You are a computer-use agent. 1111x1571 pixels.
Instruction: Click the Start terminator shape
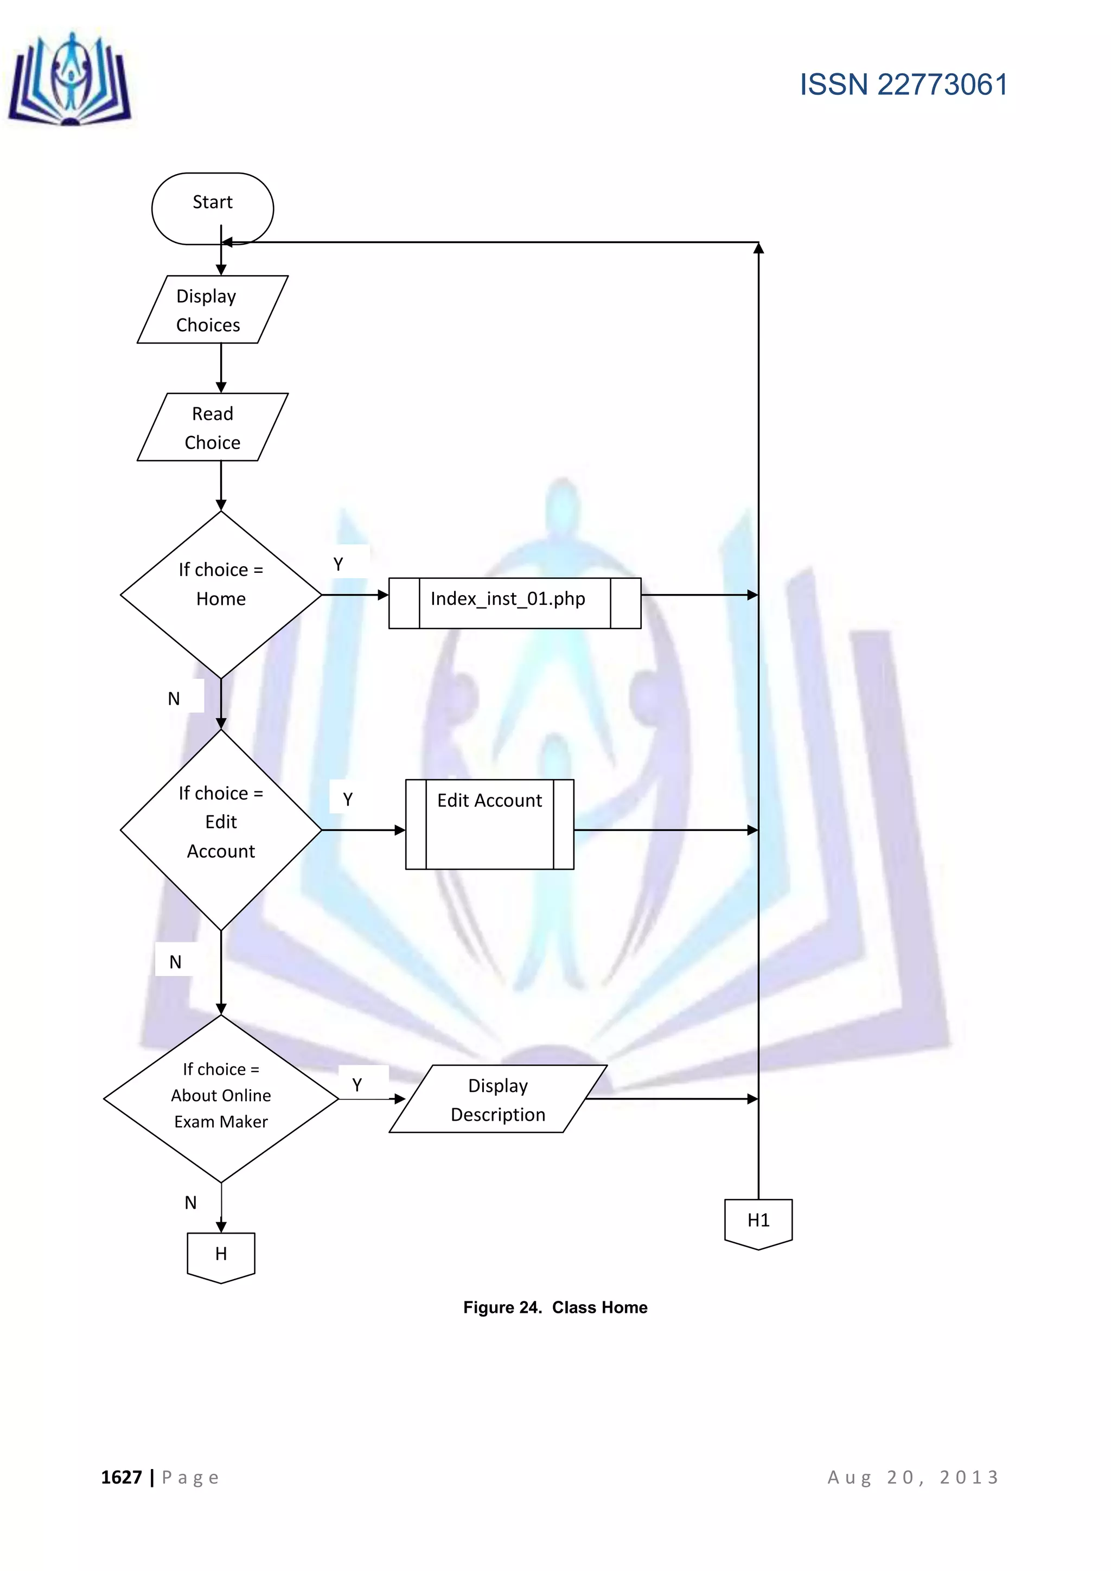[x=212, y=208]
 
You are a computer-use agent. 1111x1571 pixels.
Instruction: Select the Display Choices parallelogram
[x=212, y=309]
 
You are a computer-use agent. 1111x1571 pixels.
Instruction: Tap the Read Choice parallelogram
[x=212, y=427]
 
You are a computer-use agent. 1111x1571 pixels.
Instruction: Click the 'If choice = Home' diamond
[x=220, y=594]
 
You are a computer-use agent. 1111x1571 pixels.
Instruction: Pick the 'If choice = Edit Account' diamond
[x=220, y=829]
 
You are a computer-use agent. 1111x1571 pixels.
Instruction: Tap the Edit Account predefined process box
[x=489, y=824]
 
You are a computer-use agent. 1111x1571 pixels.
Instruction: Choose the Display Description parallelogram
[x=498, y=1099]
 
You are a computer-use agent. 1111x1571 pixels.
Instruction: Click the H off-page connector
[x=220, y=1256]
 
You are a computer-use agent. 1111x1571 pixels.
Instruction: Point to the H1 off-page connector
[x=758, y=1223]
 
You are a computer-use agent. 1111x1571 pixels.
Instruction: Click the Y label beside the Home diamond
[x=338, y=564]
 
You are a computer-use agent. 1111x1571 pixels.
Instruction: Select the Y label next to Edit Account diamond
[x=348, y=799]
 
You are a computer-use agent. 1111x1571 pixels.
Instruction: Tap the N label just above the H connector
[x=191, y=1202]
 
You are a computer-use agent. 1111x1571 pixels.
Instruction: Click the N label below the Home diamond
[x=174, y=699]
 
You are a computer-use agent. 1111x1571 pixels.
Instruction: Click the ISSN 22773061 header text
[x=903, y=85]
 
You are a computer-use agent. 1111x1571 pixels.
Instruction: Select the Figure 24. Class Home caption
[x=555, y=1307]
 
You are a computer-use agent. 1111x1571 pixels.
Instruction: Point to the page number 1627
[x=122, y=1477]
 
